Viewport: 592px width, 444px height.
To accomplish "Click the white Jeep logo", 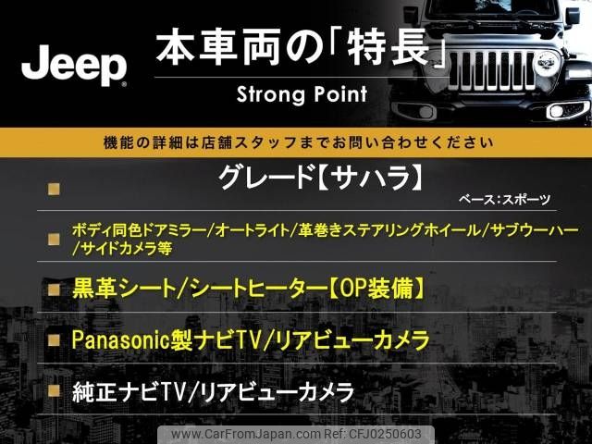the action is click(x=74, y=66).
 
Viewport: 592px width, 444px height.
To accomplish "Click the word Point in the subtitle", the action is click(x=337, y=94).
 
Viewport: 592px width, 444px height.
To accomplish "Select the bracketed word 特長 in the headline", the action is click(x=388, y=47).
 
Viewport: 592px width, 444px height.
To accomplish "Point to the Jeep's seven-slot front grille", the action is click(x=493, y=71).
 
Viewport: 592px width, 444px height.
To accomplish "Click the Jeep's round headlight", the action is click(x=547, y=62).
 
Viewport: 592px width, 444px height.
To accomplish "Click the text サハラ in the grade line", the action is click(x=372, y=179).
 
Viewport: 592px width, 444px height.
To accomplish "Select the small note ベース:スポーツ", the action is click(x=504, y=200).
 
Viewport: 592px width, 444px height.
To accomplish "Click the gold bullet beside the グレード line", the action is click(x=54, y=189).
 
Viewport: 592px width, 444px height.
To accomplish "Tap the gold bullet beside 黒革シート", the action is click(x=54, y=290).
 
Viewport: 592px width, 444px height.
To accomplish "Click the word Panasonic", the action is click(x=119, y=339).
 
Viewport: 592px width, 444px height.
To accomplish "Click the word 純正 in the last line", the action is click(x=94, y=392).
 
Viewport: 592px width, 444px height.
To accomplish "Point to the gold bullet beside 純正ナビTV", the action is click(x=54, y=391).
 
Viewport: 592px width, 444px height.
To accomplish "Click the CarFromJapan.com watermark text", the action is click(x=246, y=434).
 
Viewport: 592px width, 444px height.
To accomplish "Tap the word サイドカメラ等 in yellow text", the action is click(x=127, y=249).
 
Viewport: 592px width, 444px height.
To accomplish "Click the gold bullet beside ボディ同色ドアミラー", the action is click(x=54, y=239).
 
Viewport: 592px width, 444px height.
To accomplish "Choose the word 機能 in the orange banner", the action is click(x=117, y=142).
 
